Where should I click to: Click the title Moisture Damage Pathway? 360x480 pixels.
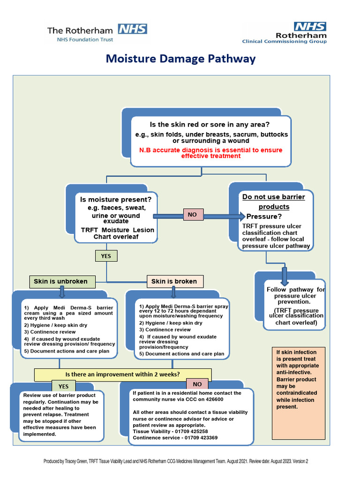click(x=180, y=59)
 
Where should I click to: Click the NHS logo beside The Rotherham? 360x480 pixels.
click(x=132, y=29)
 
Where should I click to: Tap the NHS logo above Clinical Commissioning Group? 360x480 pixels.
click(x=309, y=26)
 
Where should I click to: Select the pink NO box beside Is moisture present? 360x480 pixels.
click(x=192, y=214)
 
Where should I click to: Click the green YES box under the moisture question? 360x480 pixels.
click(x=106, y=256)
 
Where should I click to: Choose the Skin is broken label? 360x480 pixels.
click(x=174, y=281)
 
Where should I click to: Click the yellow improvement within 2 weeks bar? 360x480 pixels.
click(x=123, y=374)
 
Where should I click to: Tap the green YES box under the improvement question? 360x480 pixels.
click(x=63, y=386)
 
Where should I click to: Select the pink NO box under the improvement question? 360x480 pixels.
click(x=197, y=384)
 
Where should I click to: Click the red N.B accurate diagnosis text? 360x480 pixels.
click(x=210, y=153)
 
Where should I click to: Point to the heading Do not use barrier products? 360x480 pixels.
click(x=273, y=202)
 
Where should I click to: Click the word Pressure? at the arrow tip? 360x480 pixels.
click(x=264, y=217)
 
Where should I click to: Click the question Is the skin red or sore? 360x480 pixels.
click(x=210, y=124)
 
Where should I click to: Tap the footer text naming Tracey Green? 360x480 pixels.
click(x=176, y=461)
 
